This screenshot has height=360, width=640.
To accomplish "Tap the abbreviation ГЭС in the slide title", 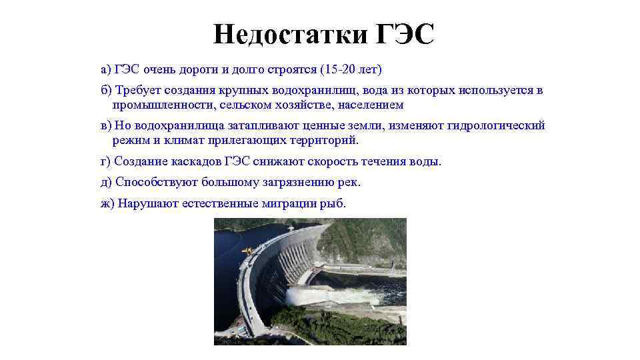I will point(405,33).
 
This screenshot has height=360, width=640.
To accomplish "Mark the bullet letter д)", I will point(107,182).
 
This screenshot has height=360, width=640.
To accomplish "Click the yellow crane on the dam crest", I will point(247,251).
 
